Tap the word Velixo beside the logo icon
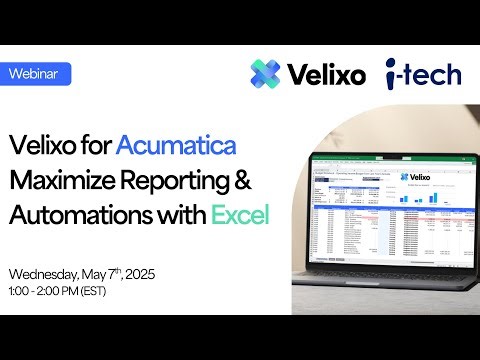(x=325, y=74)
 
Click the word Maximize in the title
(x=65, y=180)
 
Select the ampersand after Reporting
(x=254, y=180)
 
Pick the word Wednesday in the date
(x=47, y=274)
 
